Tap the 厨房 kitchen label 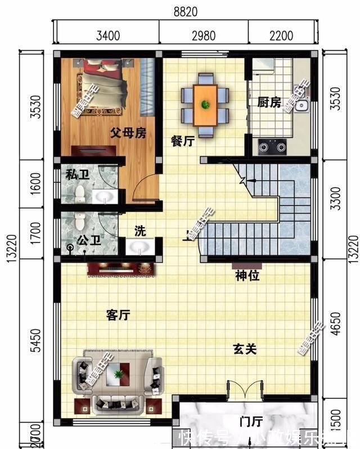[269, 103]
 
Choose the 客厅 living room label [118, 315]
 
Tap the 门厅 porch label [251, 421]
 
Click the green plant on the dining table [205, 104]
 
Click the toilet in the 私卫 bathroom [80, 194]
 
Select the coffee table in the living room [118, 372]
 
